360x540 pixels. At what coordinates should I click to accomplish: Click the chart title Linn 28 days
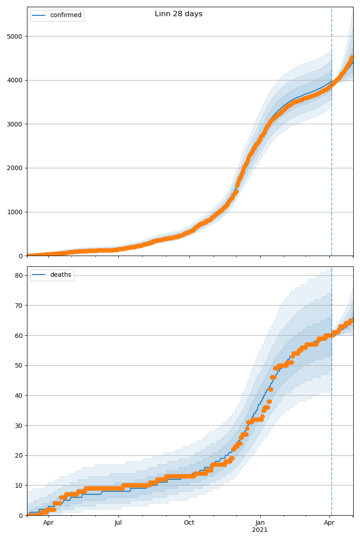click(x=179, y=14)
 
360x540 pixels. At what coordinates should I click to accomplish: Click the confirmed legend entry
click(x=66, y=15)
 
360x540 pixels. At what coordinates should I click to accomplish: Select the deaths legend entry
click(x=60, y=275)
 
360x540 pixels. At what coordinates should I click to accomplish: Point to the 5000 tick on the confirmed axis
click(x=15, y=36)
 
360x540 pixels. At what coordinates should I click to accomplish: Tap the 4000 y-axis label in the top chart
click(x=15, y=80)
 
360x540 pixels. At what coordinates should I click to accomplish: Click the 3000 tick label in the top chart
click(x=15, y=124)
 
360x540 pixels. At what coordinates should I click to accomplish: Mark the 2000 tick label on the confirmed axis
click(x=15, y=168)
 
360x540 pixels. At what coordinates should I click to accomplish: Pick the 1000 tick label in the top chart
click(x=15, y=212)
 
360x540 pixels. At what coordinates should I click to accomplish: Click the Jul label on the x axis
click(x=118, y=523)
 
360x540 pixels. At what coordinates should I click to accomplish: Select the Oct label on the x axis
click(x=189, y=523)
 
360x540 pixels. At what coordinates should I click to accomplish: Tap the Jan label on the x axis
click(x=260, y=523)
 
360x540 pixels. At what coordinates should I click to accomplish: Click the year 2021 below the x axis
click(x=260, y=530)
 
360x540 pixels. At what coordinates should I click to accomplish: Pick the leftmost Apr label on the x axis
click(x=48, y=523)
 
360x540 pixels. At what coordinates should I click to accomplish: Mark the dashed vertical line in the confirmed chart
click(x=332, y=135)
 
